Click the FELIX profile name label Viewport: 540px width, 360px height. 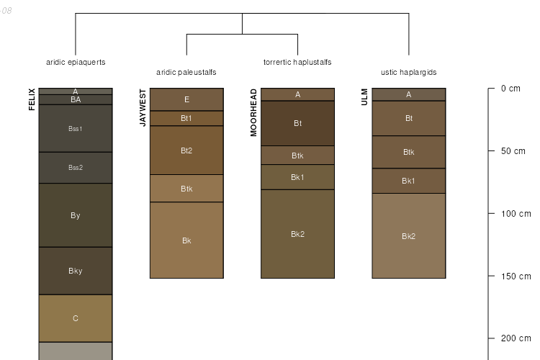point(32,99)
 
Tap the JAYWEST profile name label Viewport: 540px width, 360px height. point(143,108)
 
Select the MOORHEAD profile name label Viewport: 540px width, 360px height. point(253,112)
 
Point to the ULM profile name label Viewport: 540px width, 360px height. point(364,97)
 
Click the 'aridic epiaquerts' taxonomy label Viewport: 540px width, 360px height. point(76,62)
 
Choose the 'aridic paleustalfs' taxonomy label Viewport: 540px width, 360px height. point(186,72)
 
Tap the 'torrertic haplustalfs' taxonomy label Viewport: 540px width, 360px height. point(297,62)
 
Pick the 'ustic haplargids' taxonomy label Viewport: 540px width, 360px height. point(408,72)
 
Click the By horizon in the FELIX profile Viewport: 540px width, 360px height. point(76,215)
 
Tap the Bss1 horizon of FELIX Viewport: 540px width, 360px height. point(76,129)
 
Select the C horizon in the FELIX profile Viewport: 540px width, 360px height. point(76,318)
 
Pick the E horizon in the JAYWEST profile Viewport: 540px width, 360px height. point(186,99)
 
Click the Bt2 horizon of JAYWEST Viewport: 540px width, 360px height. point(186,150)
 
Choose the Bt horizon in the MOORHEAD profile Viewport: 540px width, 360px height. point(297,123)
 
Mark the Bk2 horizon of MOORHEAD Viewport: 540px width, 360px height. point(297,234)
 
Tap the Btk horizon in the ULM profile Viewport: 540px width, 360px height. point(408,152)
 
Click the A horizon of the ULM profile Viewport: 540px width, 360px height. point(408,94)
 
